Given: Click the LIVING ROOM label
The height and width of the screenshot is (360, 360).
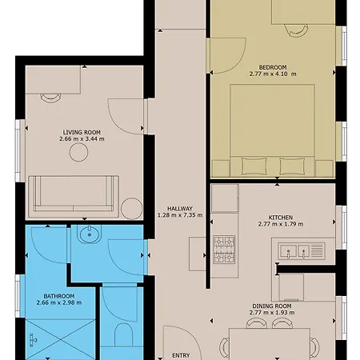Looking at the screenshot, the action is point(82,132).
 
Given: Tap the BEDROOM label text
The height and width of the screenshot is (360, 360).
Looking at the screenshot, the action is point(273,67).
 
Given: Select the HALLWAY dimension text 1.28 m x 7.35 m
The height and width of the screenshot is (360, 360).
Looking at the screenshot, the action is point(180,215).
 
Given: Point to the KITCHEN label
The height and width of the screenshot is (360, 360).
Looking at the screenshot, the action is point(281,218).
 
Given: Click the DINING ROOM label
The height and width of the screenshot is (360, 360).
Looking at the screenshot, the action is point(272,306).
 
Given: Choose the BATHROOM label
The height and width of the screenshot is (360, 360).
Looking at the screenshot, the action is point(59,296).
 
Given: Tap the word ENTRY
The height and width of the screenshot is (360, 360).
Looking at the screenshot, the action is point(181,355).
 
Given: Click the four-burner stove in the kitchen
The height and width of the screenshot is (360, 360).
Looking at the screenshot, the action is point(224,250).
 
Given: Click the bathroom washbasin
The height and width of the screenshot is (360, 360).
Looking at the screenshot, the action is point(90,234).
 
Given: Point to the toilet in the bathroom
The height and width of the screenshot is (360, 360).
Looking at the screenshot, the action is point(123,335).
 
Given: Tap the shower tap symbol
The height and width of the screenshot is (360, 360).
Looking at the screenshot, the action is point(33,340).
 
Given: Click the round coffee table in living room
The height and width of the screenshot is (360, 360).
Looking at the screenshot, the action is point(78,152).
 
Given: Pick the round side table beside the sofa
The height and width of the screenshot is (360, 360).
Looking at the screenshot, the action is point(132,209).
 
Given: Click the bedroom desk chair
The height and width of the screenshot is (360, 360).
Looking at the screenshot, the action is point(296,30).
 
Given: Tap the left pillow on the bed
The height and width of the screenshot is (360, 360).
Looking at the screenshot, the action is point(254,166).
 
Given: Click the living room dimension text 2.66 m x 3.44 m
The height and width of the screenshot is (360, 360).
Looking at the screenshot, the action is point(82,138).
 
